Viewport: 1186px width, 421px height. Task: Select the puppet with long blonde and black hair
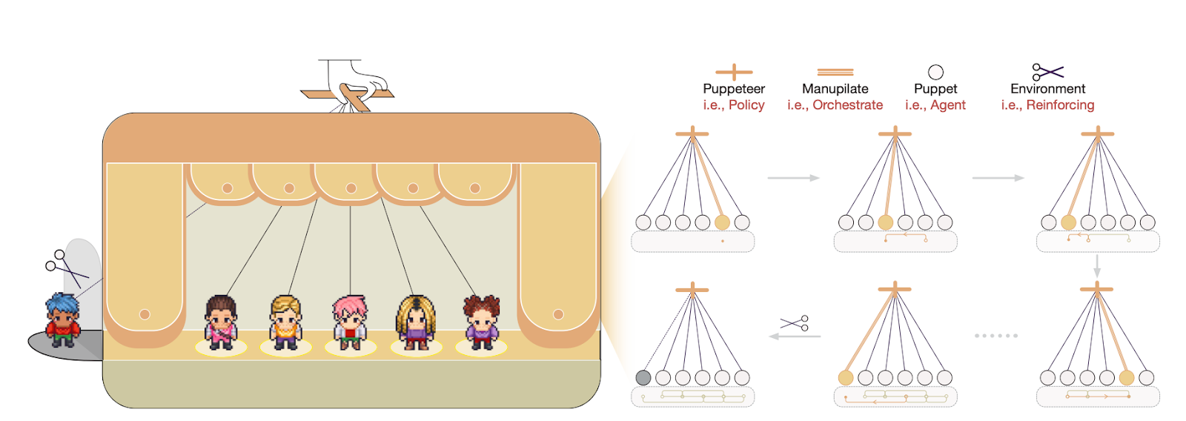pyautogui.click(x=415, y=322)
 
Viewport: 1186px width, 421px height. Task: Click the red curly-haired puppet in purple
pyautogui.click(x=481, y=322)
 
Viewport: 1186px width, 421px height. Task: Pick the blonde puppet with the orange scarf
pyautogui.click(x=285, y=322)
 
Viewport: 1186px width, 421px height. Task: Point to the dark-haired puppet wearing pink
pyautogui.click(x=221, y=322)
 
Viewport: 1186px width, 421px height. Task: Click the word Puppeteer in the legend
pyautogui.click(x=733, y=89)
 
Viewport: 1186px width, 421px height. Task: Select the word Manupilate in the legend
pyautogui.click(x=835, y=89)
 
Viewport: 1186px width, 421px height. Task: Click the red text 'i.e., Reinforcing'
pyautogui.click(x=1047, y=105)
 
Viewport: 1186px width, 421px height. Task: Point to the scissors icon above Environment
pyautogui.click(x=1047, y=72)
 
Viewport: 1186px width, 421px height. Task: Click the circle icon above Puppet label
pyautogui.click(x=935, y=72)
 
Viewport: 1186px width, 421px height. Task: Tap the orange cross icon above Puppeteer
pyautogui.click(x=733, y=72)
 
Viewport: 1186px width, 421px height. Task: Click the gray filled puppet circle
pyautogui.click(x=643, y=377)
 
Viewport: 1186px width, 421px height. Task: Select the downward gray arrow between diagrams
pyautogui.click(x=1097, y=266)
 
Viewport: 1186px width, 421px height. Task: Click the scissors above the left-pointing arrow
pyautogui.click(x=795, y=323)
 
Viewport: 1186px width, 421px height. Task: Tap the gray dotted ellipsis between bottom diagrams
pyautogui.click(x=995, y=336)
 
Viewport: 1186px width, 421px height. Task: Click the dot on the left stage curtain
pyautogui.click(x=145, y=314)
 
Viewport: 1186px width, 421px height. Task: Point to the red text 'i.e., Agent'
pyautogui.click(x=935, y=105)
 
